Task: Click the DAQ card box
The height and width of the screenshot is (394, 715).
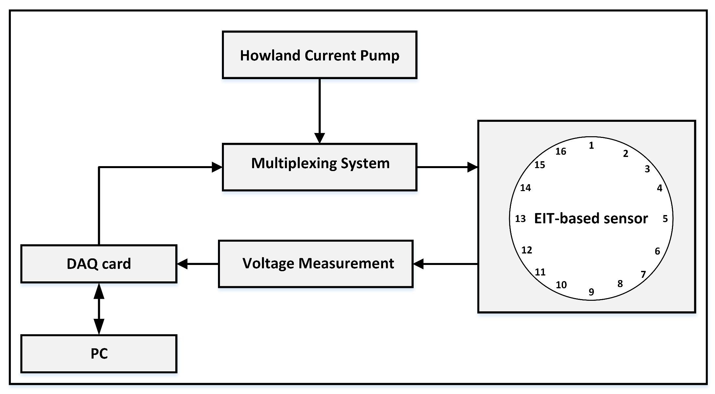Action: [x=98, y=264]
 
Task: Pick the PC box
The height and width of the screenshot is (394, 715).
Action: [x=98, y=354]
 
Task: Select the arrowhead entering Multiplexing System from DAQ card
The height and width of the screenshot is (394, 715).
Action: [x=217, y=167]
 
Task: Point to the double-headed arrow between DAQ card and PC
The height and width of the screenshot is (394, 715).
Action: [x=99, y=309]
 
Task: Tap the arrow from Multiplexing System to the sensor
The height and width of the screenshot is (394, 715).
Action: [x=446, y=167]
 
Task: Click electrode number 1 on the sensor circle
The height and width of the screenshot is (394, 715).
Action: [x=591, y=145]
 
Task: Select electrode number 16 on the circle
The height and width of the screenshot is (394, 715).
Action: [x=561, y=151]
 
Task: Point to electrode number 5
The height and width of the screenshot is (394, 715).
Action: [x=665, y=219]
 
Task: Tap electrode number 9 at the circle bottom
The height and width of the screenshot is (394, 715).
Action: [x=591, y=292]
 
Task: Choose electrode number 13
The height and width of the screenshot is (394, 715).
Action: [x=520, y=219]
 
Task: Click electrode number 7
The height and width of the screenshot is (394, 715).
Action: [x=643, y=274]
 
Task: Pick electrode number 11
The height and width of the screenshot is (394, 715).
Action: [x=540, y=272]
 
